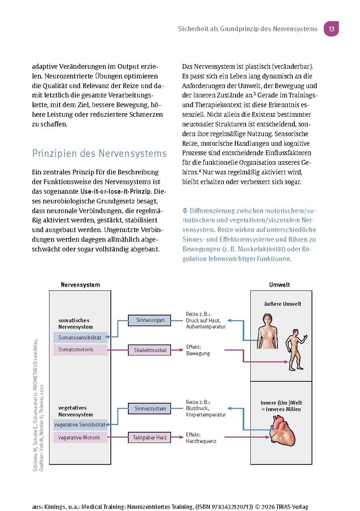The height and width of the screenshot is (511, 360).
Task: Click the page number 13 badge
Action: tap(331, 29)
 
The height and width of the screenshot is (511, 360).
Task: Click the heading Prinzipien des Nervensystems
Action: tap(99, 153)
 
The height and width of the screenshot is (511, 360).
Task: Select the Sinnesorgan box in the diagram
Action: tap(149, 320)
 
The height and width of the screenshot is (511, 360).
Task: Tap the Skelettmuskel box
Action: tap(149, 350)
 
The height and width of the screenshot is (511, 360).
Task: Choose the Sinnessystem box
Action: tap(149, 408)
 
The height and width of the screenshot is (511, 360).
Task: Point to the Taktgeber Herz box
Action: tap(149, 437)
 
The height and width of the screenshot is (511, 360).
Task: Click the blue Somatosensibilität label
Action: tap(80, 338)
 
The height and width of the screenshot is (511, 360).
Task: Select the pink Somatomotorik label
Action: tap(80, 350)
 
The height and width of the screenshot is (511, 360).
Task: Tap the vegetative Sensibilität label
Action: tap(80, 425)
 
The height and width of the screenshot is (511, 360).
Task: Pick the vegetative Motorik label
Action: tap(80, 437)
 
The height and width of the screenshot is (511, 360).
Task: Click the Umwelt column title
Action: tap(279, 285)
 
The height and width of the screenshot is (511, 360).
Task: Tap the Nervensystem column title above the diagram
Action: tap(80, 285)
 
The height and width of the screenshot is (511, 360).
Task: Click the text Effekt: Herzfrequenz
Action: tap(201, 438)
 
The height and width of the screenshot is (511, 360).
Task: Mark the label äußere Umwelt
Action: tap(282, 304)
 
